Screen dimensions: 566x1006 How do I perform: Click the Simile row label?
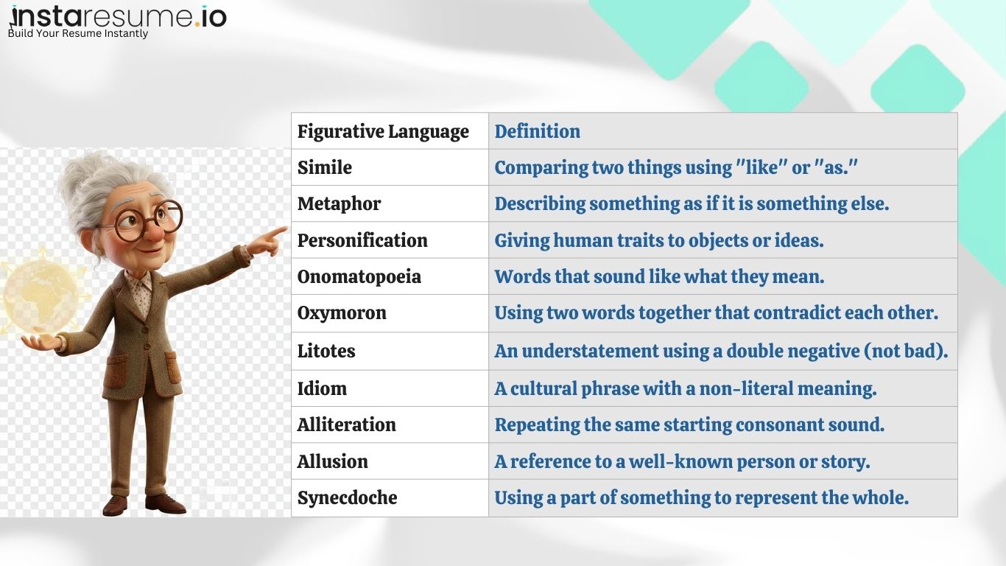tap(325, 167)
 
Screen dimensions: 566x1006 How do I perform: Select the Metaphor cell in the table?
tap(339, 203)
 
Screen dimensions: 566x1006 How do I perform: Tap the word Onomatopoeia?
tap(359, 276)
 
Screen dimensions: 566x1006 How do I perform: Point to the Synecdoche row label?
tap(347, 497)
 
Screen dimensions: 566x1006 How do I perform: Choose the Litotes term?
tap(326, 351)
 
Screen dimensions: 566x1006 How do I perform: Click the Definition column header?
tap(537, 131)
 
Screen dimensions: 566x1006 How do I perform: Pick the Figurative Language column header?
tap(383, 131)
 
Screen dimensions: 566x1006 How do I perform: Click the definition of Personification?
tap(658, 240)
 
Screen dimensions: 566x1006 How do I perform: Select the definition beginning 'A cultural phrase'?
tap(685, 388)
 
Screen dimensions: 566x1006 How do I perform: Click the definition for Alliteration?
tap(689, 424)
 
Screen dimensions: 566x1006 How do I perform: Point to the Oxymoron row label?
tap(342, 312)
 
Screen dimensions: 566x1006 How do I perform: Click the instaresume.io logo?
tap(118, 16)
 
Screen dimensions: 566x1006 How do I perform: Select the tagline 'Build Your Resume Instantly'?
tap(78, 33)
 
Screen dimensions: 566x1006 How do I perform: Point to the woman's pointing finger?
tap(277, 233)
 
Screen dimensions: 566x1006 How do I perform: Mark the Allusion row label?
tap(332, 461)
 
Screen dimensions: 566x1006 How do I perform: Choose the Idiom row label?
tap(322, 388)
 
